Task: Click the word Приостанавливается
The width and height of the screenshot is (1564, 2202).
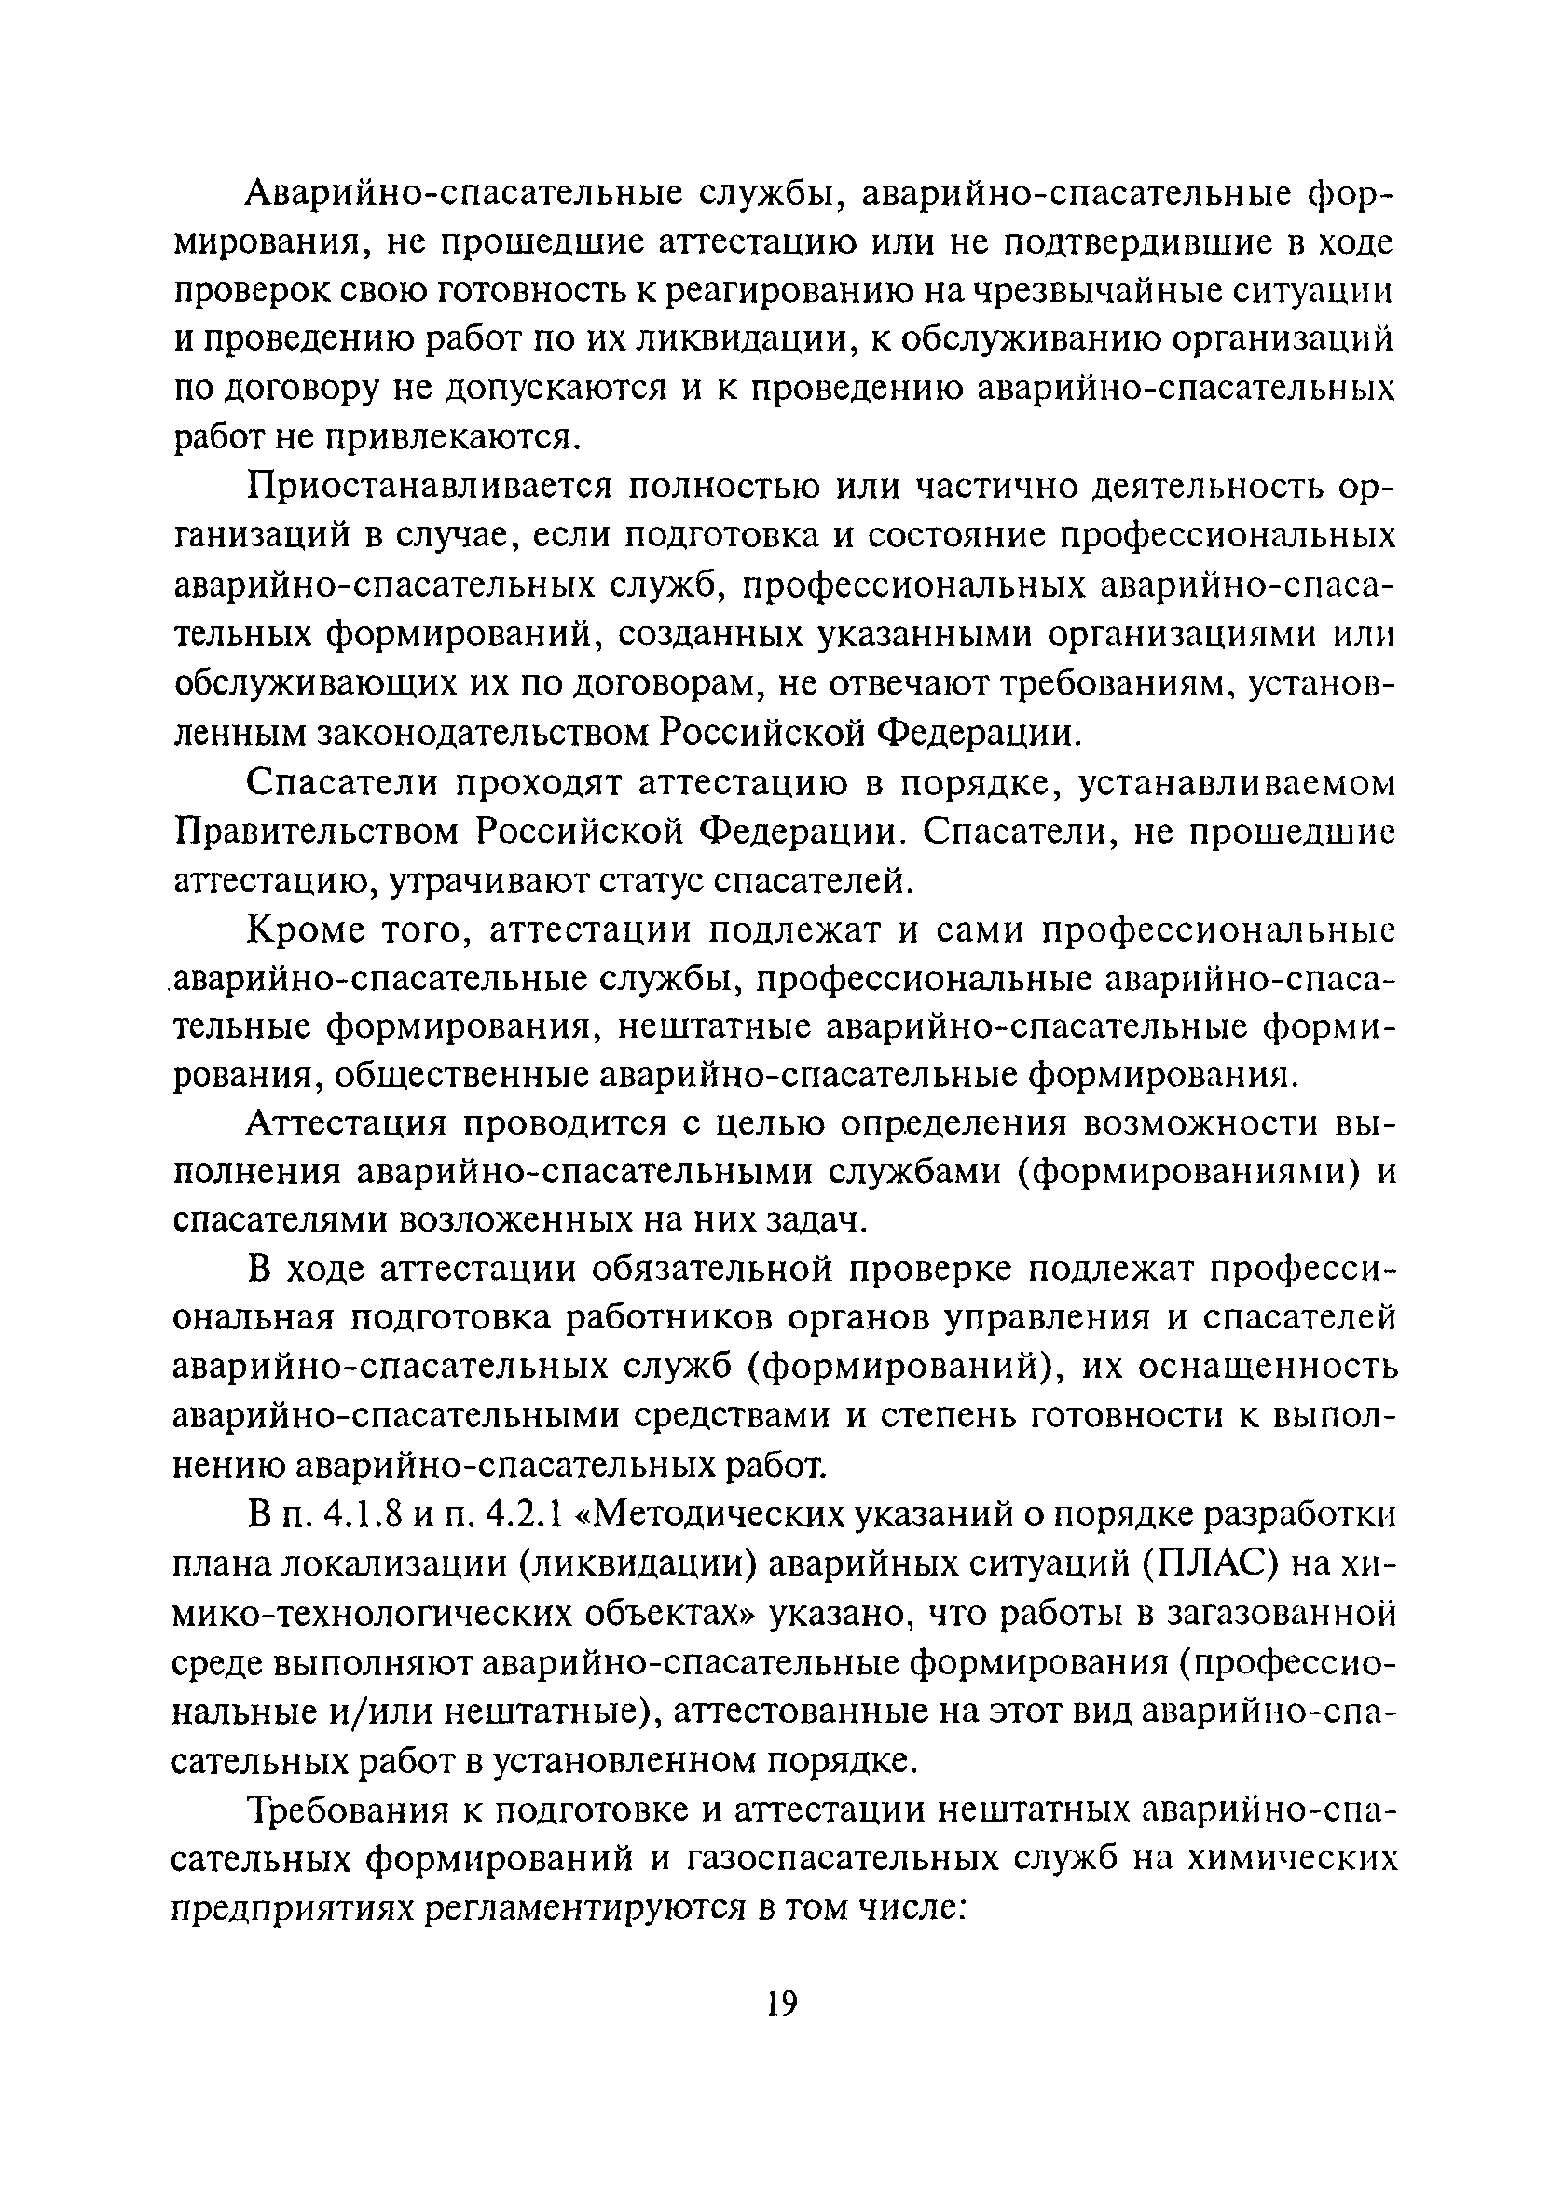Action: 425,488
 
